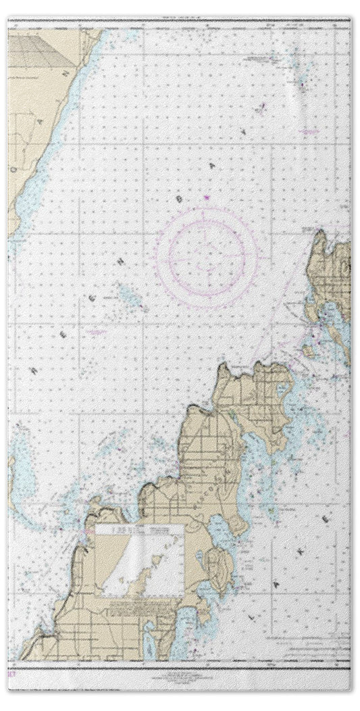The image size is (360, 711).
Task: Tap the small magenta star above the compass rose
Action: (x=206, y=197)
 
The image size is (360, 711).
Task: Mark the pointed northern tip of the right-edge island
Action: (x=320, y=233)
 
